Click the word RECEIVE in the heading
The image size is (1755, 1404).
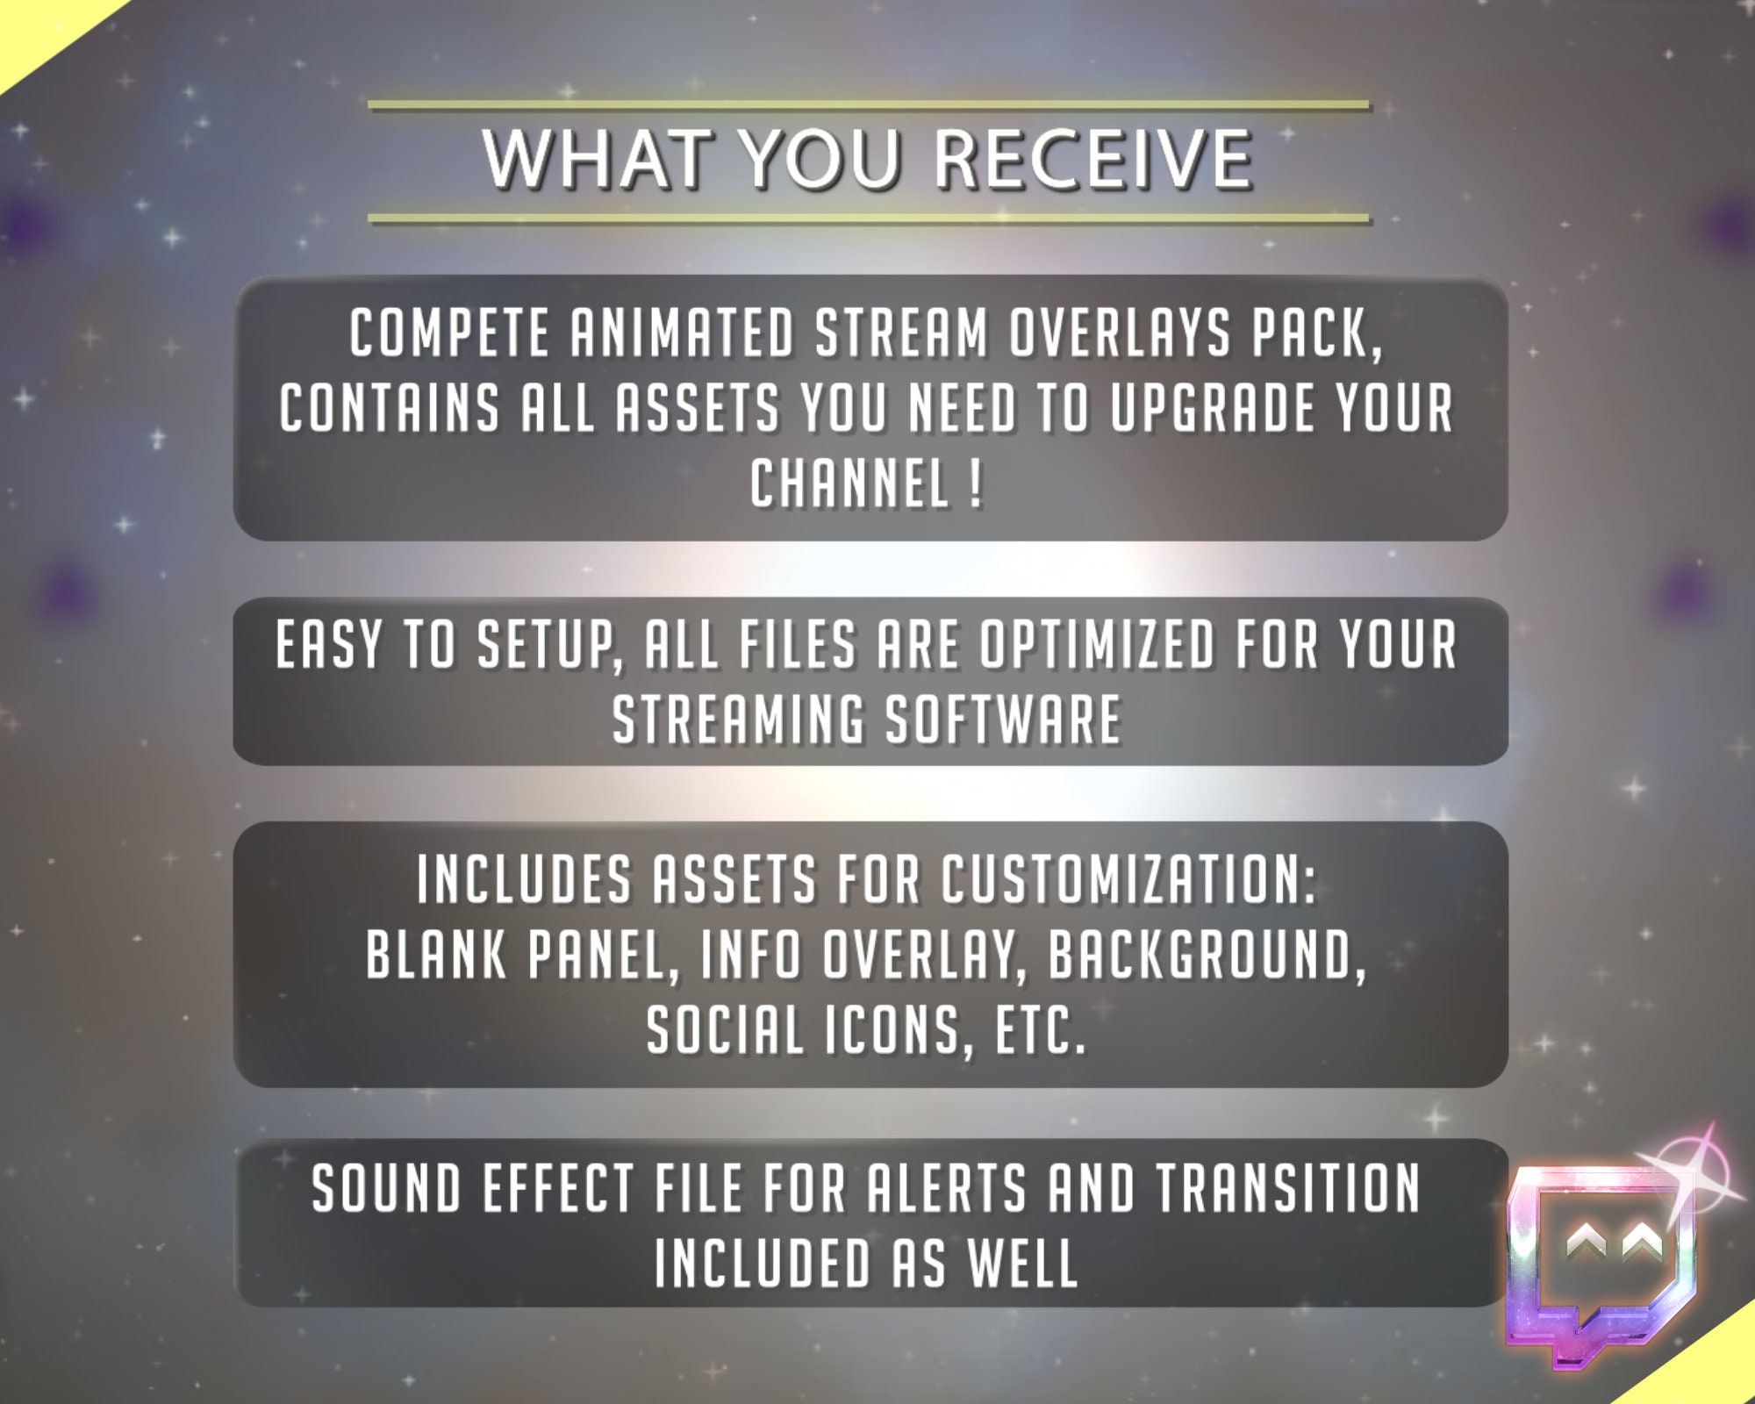pos(1092,160)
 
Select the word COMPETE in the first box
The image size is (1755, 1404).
pos(449,333)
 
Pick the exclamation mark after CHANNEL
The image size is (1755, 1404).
pos(976,484)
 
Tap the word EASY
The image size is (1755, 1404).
pos(329,645)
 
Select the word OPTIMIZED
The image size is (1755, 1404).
pos(1098,645)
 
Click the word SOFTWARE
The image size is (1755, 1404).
pos(1003,720)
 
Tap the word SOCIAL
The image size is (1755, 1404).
pos(725,1030)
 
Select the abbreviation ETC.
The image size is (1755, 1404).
pos(1040,1030)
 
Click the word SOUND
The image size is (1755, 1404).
pos(387,1189)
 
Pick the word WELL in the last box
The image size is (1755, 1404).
pos(1022,1264)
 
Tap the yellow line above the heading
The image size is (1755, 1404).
pos(868,105)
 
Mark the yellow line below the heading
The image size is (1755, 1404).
pos(868,217)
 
